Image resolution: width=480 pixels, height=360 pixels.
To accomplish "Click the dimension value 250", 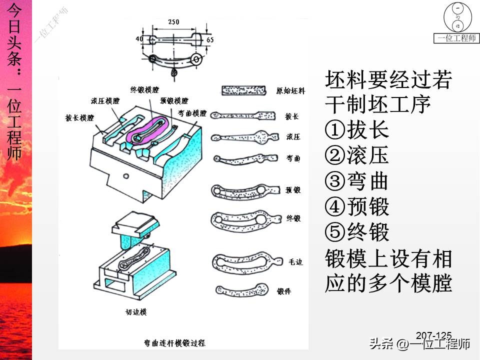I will pyautogui.click(x=173, y=22).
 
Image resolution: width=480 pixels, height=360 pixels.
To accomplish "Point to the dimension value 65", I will pyautogui.click(x=209, y=38).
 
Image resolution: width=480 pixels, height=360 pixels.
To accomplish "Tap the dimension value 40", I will pyautogui.click(x=138, y=38).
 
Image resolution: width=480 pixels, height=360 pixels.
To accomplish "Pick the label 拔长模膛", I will pyautogui.click(x=79, y=118).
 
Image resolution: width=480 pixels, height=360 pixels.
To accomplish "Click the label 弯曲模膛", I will pyautogui.click(x=192, y=113).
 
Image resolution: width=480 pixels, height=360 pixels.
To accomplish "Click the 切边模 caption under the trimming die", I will pyautogui.click(x=135, y=312).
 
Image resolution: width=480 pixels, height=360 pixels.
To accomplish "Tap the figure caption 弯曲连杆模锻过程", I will pyautogui.click(x=174, y=343).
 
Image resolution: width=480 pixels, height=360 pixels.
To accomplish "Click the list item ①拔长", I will pyautogui.click(x=357, y=130).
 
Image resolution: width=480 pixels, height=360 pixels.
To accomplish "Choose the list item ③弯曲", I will pyautogui.click(x=357, y=181).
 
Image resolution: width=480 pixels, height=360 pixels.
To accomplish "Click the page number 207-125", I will pyautogui.click(x=433, y=335).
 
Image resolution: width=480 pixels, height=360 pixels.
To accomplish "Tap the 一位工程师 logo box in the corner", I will pyautogui.click(x=455, y=24).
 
